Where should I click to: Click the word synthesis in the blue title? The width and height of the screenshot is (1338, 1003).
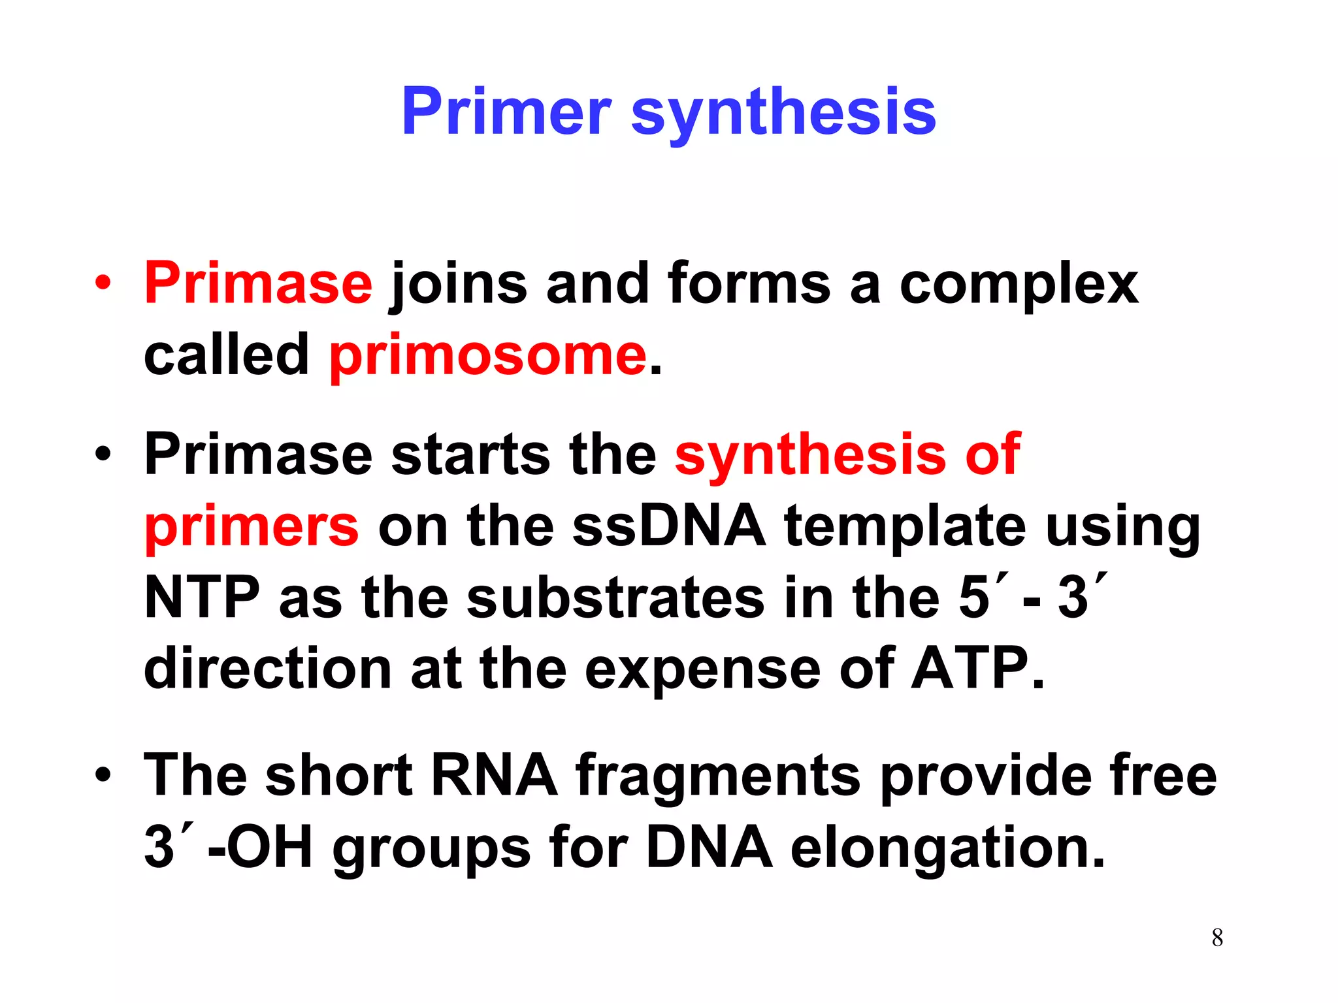pos(783,112)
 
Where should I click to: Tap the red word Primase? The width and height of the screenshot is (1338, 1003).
pos(258,283)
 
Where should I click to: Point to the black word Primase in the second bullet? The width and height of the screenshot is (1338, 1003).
pos(258,454)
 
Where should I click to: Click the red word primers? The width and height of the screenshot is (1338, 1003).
pos(252,526)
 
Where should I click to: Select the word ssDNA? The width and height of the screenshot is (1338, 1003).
pos(669,526)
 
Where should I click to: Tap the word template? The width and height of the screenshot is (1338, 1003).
pos(905,526)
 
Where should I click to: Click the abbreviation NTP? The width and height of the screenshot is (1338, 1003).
pos(201,597)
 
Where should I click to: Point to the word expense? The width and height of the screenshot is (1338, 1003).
pos(702,670)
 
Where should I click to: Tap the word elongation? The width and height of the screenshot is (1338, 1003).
pos(947,848)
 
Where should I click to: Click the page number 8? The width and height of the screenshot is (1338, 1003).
pos(1217,938)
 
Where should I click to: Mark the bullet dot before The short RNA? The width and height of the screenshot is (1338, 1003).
pos(103,775)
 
